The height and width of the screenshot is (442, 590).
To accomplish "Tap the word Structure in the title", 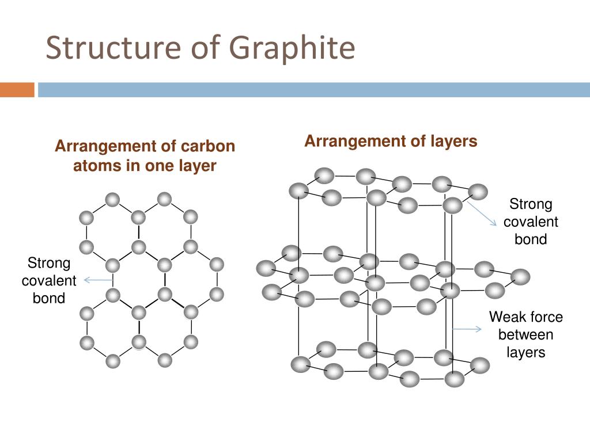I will tap(108, 48).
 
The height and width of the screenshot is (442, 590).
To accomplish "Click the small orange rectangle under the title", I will tap(17, 90).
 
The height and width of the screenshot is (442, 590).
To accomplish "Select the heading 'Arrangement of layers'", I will tap(391, 141).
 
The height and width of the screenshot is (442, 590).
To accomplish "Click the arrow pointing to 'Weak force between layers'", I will tap(467, 329).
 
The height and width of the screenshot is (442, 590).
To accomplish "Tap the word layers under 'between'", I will tap(525, 352).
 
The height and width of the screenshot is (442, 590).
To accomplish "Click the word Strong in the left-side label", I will tap(49, 264).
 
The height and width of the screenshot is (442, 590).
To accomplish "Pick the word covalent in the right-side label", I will tap(531, 222).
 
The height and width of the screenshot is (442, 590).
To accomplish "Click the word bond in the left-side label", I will tap(49, 298).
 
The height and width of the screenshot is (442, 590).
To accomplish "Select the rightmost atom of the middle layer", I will tap(520, 277).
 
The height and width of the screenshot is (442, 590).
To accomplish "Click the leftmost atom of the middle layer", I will tap(266, 268).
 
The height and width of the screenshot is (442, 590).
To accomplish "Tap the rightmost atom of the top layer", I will tap(478, 192).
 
